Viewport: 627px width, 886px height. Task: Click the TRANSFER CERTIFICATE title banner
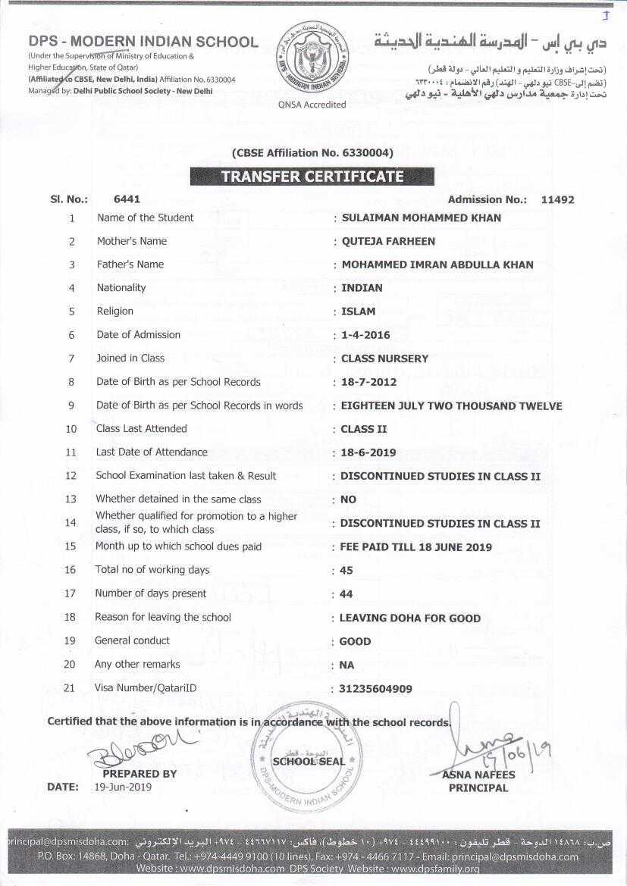[x=312, y=177]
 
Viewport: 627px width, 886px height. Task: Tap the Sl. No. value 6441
[x=126, y=199]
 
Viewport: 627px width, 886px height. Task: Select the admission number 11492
[x=557, y=200]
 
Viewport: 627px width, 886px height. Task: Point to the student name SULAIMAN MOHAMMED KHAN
[x=422, y=218]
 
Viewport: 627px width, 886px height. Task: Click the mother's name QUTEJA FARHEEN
[x=388, y=241]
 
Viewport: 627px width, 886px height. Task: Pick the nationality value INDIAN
[x=362, y=288]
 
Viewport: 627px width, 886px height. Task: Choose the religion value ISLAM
[x=358, y=312]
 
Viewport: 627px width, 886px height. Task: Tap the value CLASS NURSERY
[x=384, y=358]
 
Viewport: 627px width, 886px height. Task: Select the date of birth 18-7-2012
[x=371, y=382]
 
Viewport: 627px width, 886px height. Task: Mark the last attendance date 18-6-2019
[x=368, y=452]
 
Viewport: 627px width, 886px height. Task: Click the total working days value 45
[x=346, y=570]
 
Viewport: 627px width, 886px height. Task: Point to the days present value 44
[x=346, y=594]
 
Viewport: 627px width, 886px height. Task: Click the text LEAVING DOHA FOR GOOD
[x=409, y=618]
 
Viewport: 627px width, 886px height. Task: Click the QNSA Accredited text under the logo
[x=312, y=105]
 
